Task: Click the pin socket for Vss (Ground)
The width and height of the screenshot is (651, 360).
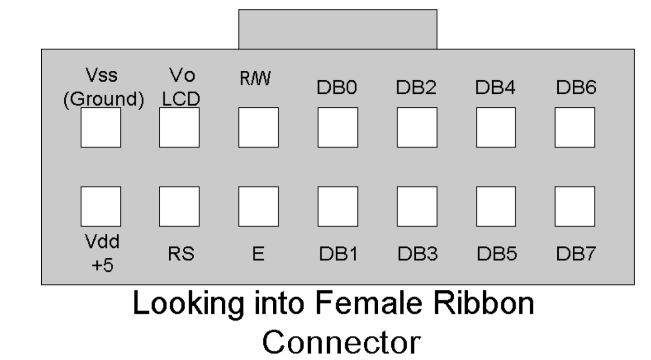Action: (x=100, y=127)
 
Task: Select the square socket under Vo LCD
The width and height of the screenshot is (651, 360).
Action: (x=179, y=127)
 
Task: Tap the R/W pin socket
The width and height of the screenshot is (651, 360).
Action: (x=258, y=127)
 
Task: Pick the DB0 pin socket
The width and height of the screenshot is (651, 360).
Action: (x=337, y=127)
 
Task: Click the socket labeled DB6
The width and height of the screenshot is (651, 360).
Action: (x=575, y=127)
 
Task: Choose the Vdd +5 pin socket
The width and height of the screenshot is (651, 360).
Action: (x=100, y=206)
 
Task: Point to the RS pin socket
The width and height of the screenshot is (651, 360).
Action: (x=179, y=206)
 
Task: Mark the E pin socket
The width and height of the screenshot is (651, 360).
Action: (x=258, y=206)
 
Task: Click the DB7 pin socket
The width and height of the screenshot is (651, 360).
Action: (x=575, y=206)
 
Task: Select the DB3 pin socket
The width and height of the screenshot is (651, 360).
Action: (x=417, y=206)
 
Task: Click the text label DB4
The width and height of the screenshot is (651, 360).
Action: (x=496, y=89)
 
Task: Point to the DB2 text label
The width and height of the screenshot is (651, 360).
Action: (x=417, y=89)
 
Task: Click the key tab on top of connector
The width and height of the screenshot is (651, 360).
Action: (x=337, y=29)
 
